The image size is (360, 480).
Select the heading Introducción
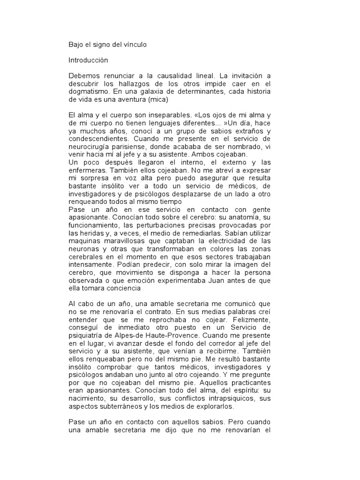pyautogui.click(x=89, y=60)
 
